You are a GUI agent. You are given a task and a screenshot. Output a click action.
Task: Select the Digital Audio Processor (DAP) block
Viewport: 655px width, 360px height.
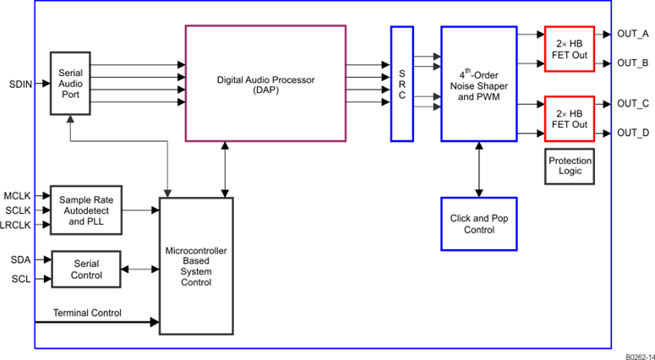click(265, 83)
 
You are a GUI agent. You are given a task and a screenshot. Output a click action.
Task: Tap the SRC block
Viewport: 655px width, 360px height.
click(401, 83)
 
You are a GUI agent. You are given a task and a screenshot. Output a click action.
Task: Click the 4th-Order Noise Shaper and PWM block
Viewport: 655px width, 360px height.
click(478, 83)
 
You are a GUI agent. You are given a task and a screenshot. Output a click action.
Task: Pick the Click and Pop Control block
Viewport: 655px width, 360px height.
click(478, 224)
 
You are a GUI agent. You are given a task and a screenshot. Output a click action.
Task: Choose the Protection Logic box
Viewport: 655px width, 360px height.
click(570, 166)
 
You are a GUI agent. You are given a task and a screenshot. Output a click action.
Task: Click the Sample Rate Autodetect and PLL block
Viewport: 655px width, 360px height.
click(88, 210)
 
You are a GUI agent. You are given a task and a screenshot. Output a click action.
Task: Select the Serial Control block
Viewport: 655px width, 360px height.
click(86, 269)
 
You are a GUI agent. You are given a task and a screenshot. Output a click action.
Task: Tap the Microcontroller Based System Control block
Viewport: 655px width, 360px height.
click(196, 266)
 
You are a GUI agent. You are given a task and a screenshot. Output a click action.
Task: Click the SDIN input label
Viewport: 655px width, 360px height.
click(21, 85)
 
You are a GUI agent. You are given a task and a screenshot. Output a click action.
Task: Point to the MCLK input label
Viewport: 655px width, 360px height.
click(17, 195)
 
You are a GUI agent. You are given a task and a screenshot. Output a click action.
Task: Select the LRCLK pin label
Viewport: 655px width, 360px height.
click(16, 225)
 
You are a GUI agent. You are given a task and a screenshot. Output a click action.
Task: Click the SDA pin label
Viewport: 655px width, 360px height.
click(21, 259)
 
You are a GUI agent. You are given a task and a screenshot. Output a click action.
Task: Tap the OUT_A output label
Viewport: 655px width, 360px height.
click(632, 34)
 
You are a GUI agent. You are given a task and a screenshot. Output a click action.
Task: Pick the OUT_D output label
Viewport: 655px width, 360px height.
click(632, 133)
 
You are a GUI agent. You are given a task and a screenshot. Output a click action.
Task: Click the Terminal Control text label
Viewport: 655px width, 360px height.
click(87, 314)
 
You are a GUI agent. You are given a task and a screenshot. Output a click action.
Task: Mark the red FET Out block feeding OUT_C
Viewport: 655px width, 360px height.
click(570, 117)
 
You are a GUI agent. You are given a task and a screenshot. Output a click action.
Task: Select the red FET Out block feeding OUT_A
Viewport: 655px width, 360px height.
click(570, 48)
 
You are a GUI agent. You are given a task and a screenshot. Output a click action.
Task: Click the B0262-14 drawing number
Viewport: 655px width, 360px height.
click(640, 357)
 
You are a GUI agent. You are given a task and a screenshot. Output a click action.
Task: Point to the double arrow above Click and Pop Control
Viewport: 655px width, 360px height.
click(479, 169)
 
